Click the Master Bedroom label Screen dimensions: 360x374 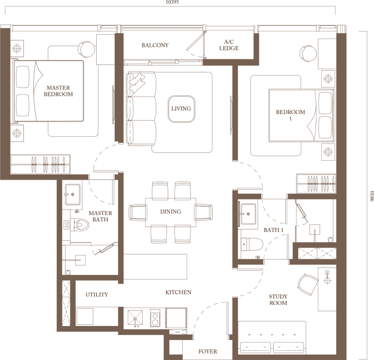[58, 91]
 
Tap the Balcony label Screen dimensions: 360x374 [155, 45]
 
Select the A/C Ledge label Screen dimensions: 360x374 [229, 45]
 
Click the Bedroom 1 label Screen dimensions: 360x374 [291, 115]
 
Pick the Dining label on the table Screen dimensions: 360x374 [170, 212]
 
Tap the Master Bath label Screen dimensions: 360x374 [100, 216]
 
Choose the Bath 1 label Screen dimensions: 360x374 [273, 230]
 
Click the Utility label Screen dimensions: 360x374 [97, 295]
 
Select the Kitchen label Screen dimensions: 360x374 [178, 292]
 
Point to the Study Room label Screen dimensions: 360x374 [278, 299]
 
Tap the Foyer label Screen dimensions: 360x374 [208, 351]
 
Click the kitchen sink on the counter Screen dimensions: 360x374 [134, 318]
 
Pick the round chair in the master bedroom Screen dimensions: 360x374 [87, 49]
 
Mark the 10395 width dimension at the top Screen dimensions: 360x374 [172, 2]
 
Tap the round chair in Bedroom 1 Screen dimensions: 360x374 [308, 52]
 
